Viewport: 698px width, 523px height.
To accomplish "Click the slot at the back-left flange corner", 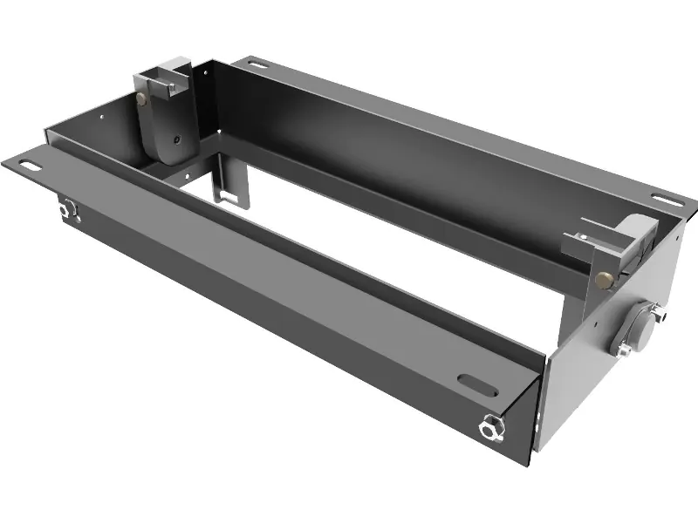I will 255,63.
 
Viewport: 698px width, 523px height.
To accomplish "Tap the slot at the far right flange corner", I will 668,199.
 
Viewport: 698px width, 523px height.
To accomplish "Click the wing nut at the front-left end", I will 68,209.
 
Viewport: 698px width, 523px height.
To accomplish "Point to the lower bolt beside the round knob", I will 625,350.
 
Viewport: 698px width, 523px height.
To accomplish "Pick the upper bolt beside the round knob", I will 661,313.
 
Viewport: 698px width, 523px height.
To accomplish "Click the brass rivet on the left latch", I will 141,99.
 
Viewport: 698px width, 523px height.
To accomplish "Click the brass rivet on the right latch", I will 603,280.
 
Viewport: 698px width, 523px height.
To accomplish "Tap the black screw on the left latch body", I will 176,139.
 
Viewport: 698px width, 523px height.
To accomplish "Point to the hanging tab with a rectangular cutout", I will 230,187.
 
